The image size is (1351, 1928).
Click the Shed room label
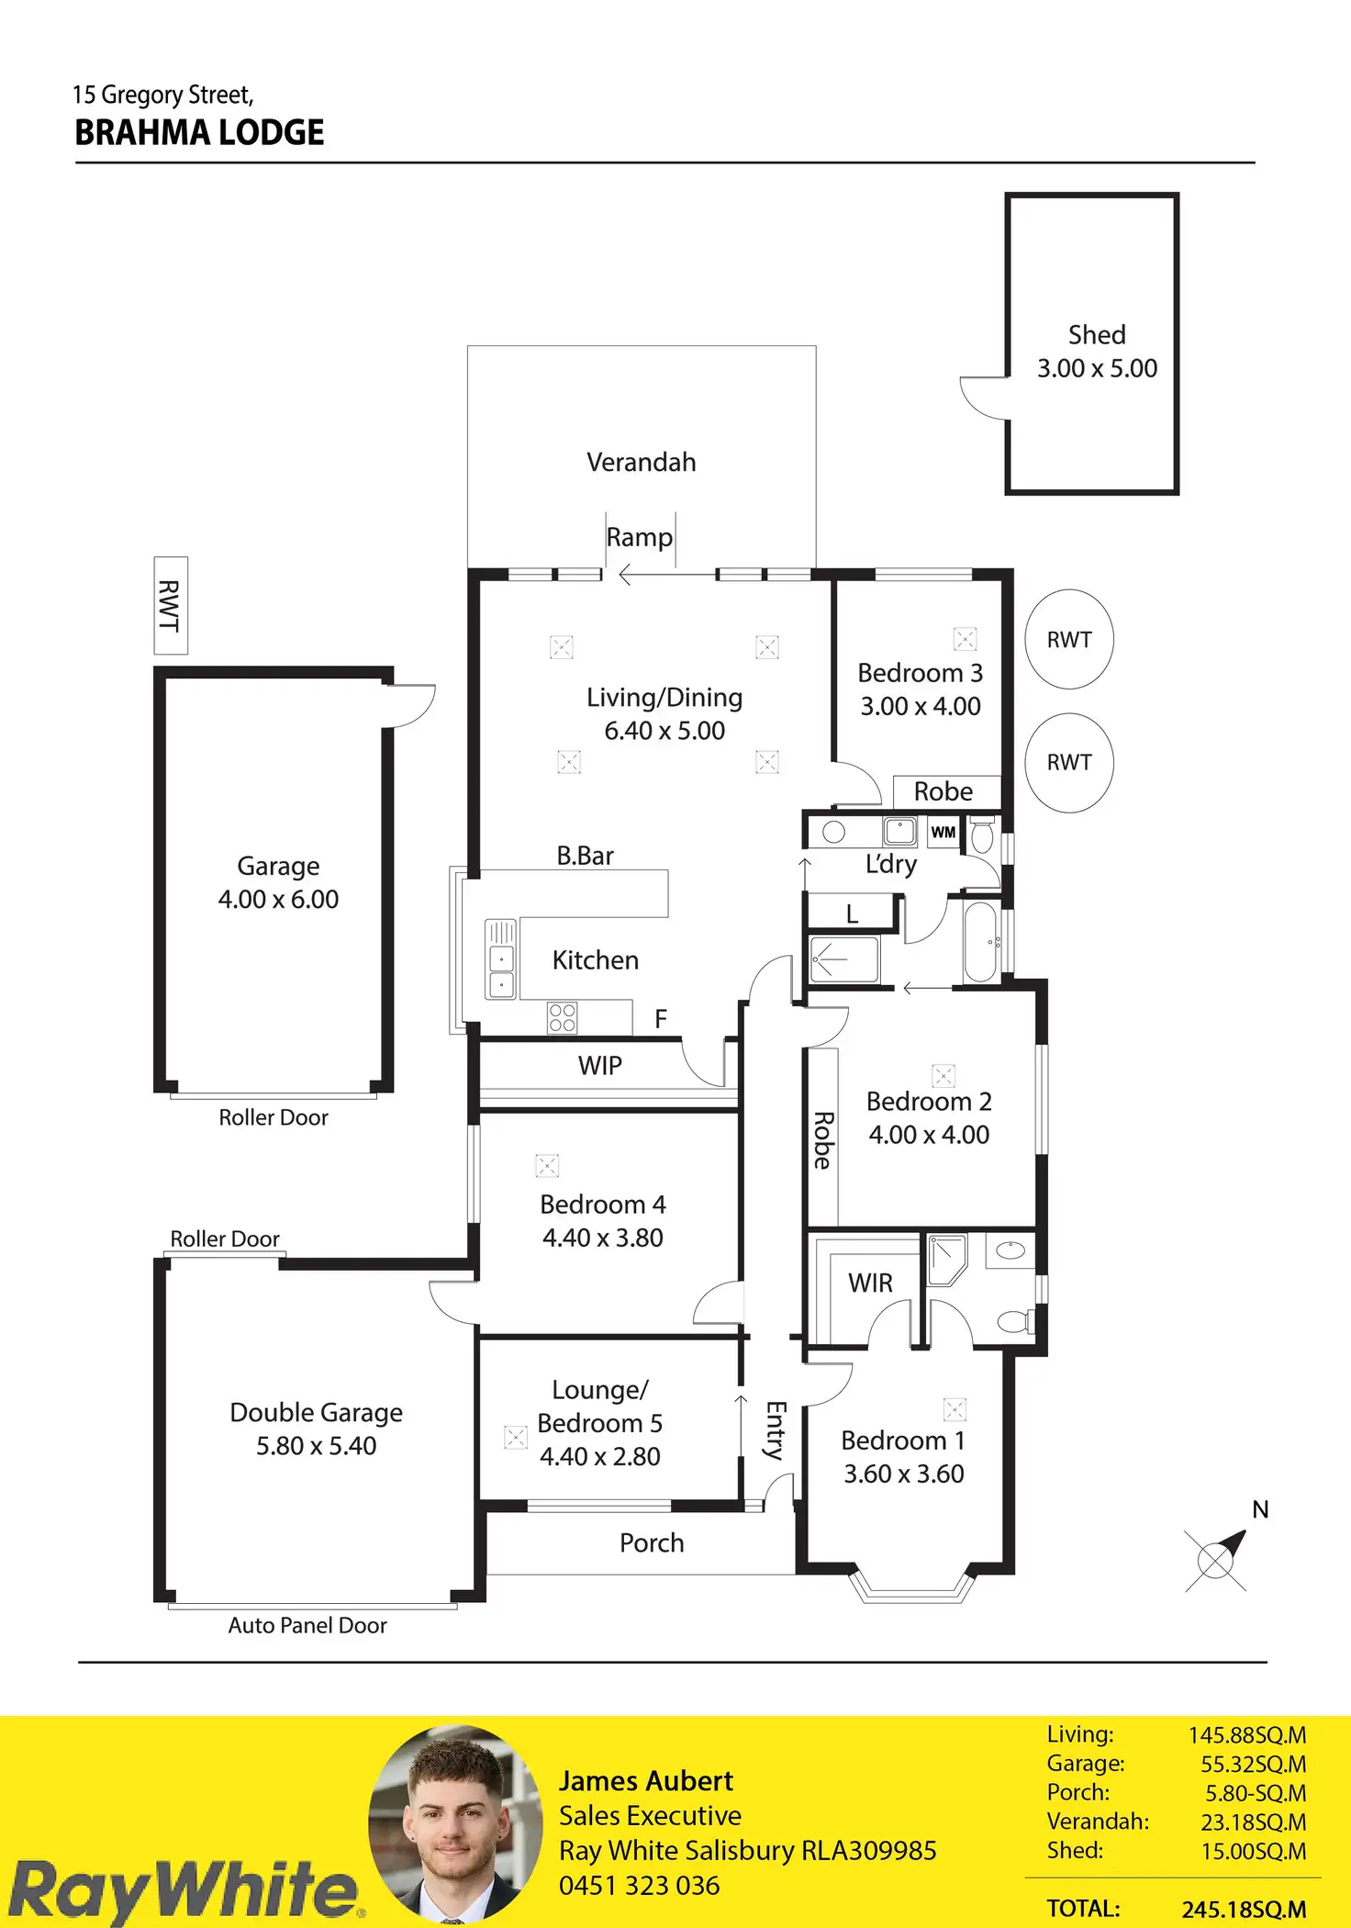click(1097, 335)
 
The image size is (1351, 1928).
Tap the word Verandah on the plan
click(642, 462)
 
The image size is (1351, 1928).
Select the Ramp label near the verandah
click(640, 537)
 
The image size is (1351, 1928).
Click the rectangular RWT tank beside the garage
click(171, 605)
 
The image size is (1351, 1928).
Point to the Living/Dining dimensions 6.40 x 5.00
click(664, 731)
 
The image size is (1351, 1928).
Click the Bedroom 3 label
click(921, 673)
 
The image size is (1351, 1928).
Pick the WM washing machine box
click(943, 833)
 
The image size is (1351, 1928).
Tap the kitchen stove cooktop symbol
click(563, 1017)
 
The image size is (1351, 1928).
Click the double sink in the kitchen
click(501, 959)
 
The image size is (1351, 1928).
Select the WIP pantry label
click(600, 1066)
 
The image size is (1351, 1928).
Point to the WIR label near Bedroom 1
click(870, 1283)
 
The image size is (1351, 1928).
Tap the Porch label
click(652, 1542)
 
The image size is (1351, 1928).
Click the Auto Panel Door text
click(307, 1625)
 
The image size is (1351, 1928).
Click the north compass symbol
click(1217, 1559)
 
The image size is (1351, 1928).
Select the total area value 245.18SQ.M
click(1244, 1910)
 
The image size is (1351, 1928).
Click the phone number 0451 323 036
click(640, 1886)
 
